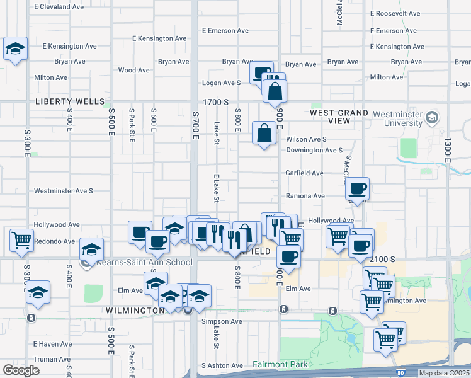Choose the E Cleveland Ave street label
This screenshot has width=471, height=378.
point(59,7)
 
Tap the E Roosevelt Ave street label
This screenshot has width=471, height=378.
point(398,13)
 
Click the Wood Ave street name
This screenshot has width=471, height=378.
point(133,71)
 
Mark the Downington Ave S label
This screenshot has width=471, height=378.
point(314,151)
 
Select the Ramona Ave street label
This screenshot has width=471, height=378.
point(305,196)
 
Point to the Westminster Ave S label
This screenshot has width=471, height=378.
point(63,190)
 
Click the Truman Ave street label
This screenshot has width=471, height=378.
point(52,359)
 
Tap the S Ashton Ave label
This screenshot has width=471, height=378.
point(222,365)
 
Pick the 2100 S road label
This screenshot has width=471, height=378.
point(383,260)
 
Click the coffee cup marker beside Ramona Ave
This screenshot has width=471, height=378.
point(358,188)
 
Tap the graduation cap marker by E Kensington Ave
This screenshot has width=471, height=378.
point(15,48)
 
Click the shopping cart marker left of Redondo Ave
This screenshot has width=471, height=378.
point(22,239)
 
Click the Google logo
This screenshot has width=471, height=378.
point(21,370)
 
